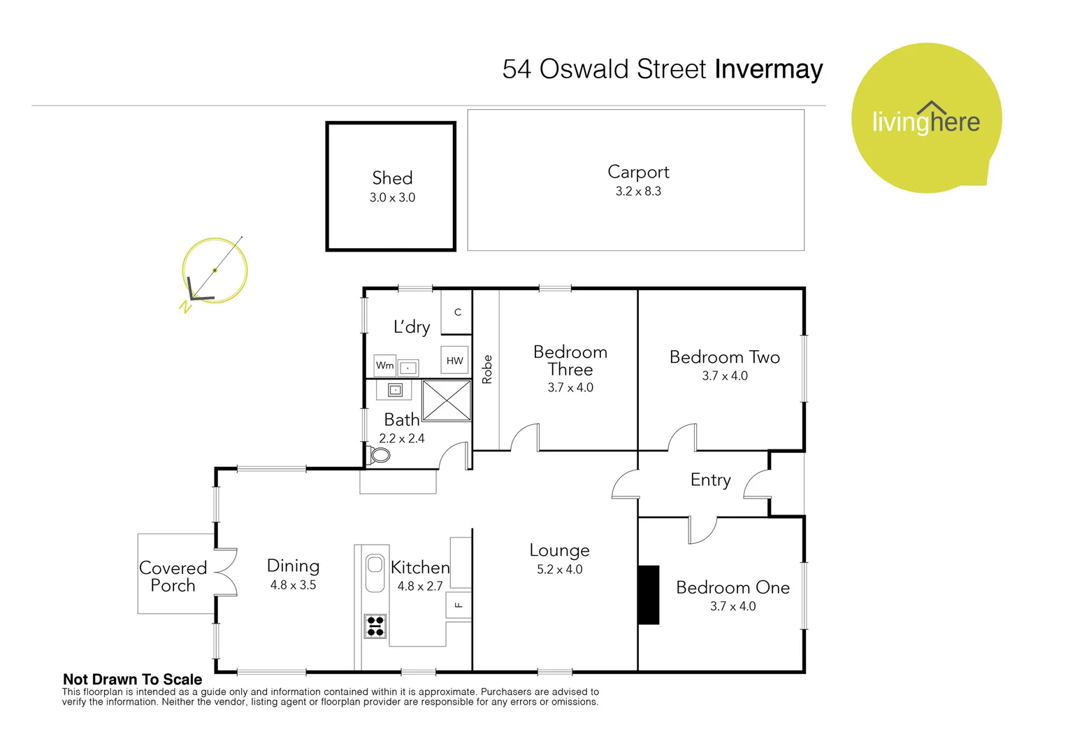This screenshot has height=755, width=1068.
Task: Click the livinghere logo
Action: pyautogui.click(x=925, y=119)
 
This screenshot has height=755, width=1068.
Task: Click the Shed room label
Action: pyautogui.click(x=392, y=178)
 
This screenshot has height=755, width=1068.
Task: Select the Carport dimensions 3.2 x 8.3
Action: pyautogui.click(x=637, y=192)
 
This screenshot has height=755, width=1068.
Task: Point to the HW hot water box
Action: pyautogui.click(x=454, y=361)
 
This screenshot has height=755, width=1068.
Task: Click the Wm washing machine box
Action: pyautogui.click(x=384, y=366)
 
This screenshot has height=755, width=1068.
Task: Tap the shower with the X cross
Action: pyautogui.click(x=447, y=401)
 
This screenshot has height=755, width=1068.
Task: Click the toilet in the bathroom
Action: pyautogui.click(x=378, y=456)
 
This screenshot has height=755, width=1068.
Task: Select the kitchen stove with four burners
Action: pyautogui.click(x=375, y=626)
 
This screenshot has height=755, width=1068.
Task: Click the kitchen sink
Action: pyautogui.click(x=375, y=571)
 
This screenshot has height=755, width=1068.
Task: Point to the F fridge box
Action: pyautogui.click(x=459, y=605)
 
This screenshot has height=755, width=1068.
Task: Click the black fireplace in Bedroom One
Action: pyautogui.click(x=649, y=595)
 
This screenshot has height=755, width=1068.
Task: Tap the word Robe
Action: pyautogui.click(x=487, y=369)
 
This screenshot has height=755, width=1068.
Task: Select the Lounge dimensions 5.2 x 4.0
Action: pyautogui.click(x=559, y=570)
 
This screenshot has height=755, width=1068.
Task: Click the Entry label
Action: pyautogui.click(x=710, y=480)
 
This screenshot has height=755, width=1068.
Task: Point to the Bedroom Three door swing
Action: pyautogui.click(x=525, y=438)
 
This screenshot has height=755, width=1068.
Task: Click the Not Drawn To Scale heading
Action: pyautogui.click(x=132, y=679)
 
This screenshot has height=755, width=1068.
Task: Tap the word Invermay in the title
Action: pyautogui.click(x=768, y=69)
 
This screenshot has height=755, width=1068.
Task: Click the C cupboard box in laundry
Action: pyautogui.click(x=457, y=312)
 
